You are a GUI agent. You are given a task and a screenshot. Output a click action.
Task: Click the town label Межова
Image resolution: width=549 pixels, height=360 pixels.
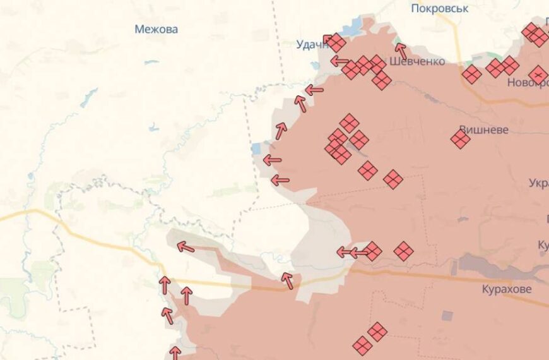[x=156, y=29]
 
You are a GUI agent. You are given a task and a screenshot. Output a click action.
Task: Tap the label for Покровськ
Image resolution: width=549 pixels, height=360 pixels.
[x=439, y=8]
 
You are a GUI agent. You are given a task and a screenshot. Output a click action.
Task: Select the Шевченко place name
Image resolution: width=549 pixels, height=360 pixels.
[x=417, y=61]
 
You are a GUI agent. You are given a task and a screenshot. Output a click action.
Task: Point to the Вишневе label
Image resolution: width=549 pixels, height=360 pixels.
[x=483, y=129]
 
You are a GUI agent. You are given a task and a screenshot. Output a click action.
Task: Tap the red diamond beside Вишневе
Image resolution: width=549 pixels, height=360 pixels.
[x=461, y=139]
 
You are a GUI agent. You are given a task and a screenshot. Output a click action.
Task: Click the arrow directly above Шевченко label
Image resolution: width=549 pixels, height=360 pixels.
[x=401, y=51]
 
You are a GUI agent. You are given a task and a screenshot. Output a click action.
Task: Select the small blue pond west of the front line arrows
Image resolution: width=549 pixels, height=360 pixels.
[x=256, y=148]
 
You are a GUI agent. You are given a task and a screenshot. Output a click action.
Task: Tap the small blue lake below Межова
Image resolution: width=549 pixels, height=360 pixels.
[x=151, y=63]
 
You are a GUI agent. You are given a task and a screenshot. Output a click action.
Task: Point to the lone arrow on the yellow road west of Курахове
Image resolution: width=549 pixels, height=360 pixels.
[x=287, y=280]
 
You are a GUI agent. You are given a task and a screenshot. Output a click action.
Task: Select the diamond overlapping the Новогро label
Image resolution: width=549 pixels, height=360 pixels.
[x=538, y=75]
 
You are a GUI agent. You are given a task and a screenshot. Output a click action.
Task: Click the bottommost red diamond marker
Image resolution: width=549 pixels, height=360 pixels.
[x=362, y=345]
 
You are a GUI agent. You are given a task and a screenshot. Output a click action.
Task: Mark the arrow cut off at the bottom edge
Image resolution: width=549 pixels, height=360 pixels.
[x=175, y=352]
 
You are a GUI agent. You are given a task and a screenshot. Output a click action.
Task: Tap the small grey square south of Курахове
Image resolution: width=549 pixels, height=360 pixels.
[x=447, y=315]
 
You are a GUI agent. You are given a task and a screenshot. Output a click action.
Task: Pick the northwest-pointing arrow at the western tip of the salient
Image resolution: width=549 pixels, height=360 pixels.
[x=185, y=246]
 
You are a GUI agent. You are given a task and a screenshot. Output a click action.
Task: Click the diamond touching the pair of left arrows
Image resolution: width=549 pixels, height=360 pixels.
[x=372, y=251]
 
